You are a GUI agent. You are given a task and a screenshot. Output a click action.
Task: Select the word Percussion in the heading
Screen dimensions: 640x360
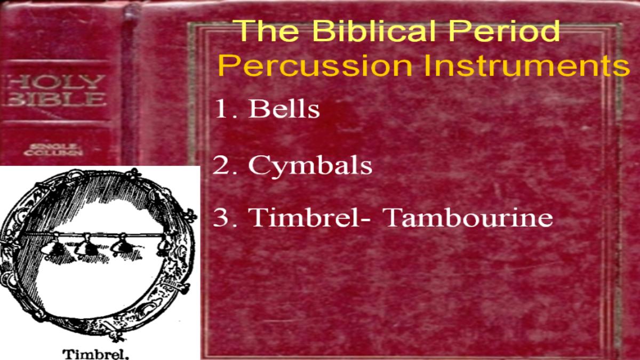click(315, 66)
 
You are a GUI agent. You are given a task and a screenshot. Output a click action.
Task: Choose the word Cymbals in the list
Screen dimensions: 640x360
click(310, 166)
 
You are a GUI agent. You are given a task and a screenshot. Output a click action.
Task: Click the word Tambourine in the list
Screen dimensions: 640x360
click(469, 218)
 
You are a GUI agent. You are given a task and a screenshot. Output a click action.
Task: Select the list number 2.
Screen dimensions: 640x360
click(225, 166)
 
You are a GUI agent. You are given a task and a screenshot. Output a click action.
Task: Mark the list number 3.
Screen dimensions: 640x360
click(225, 218)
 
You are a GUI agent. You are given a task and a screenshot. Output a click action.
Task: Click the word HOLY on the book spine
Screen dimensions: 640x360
click(55, 82)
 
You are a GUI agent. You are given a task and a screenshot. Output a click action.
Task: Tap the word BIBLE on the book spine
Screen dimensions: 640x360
click(55, 99)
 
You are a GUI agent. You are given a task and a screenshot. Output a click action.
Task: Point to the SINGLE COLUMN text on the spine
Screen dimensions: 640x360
click(53, 150)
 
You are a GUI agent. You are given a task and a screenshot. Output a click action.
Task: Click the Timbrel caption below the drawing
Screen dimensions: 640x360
click(95, 354)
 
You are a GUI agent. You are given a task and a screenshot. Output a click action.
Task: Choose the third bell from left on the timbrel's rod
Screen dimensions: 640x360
click(122, 245)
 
